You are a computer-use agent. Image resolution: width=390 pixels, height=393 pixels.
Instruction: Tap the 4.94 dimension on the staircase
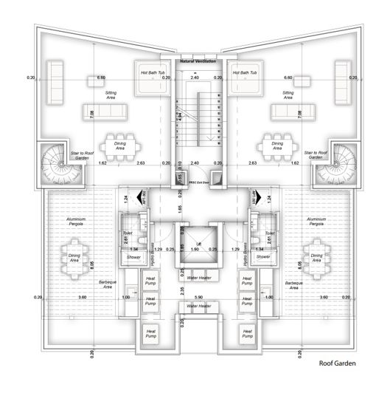point(179,117)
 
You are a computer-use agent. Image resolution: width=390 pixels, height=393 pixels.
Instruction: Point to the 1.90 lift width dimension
point(195,250)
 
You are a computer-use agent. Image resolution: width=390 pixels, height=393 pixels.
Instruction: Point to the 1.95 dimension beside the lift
point(182,247)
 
